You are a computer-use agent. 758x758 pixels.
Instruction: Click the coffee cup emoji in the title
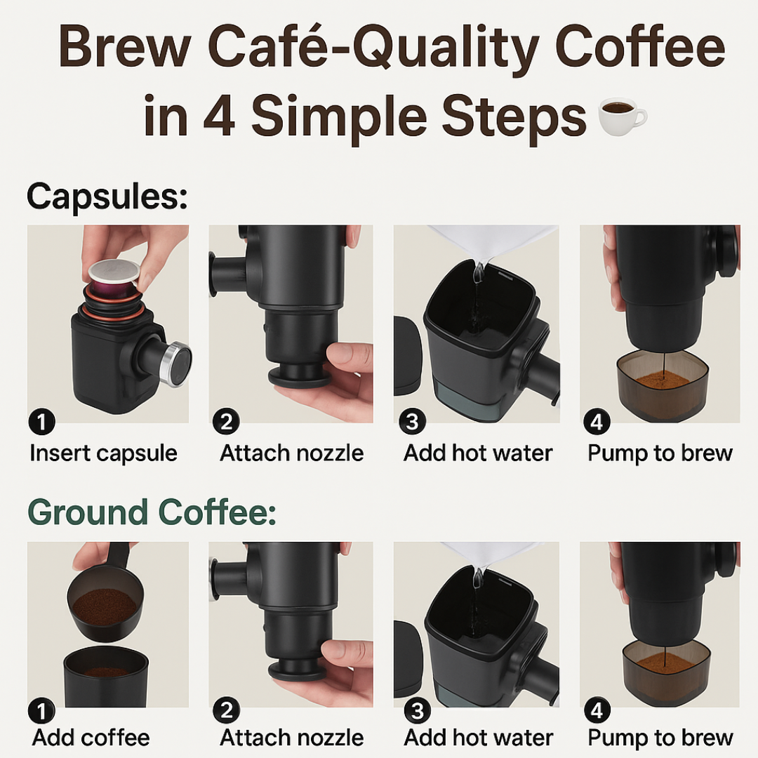622,117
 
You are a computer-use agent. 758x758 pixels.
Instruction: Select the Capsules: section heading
107,197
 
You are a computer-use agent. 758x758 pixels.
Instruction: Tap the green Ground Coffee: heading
152,512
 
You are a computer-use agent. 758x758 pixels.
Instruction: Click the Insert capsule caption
103,453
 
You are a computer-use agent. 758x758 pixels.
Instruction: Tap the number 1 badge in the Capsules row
43,423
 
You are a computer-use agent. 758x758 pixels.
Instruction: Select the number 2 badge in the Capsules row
226,423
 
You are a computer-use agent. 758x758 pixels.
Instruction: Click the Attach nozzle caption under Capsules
291,453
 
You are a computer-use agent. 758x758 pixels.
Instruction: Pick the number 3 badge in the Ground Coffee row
417,711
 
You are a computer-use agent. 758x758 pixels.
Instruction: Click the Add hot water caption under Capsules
478,453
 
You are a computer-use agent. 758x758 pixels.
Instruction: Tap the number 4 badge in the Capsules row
597,423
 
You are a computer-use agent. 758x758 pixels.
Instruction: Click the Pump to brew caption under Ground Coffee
660,738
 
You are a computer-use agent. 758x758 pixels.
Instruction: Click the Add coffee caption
91,738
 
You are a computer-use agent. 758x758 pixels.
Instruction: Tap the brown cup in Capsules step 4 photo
662,385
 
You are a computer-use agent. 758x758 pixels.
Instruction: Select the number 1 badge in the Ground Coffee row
43,711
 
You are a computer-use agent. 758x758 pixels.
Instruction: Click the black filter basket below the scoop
105,678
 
